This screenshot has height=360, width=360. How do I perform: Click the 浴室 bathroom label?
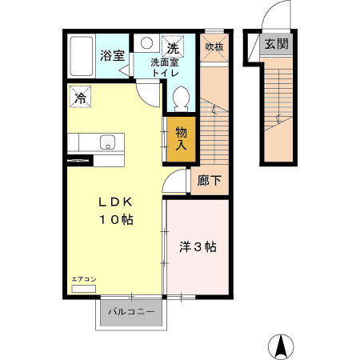click(x=112, y=56)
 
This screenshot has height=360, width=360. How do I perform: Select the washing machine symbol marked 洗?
click(x=173, y=46)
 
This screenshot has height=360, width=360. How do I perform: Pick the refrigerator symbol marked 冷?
click(x=80, y=97)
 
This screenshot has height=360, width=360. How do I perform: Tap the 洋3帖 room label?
click(x=197, y=247)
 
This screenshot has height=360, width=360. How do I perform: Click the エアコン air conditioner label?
click(x=83, y=278)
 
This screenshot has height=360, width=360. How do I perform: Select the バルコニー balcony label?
click(x=133, y=312)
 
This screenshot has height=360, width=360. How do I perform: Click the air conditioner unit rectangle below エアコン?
click(x=83, y=287)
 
